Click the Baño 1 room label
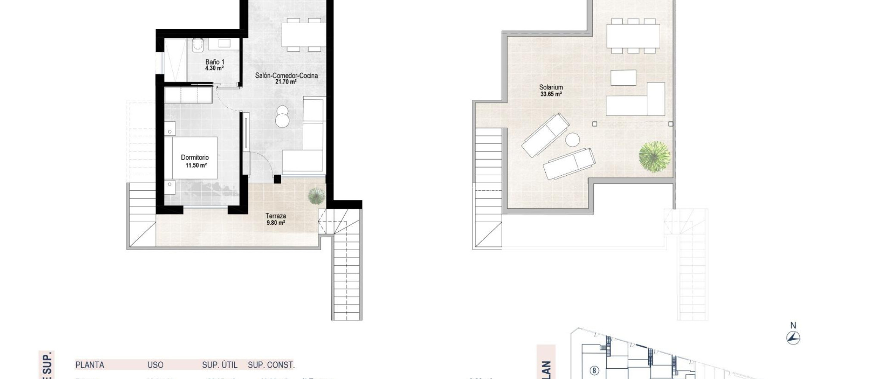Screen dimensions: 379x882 pyautogui.click(x=214, y=62)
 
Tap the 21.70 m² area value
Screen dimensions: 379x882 pyautogui.click(x=286, y=82)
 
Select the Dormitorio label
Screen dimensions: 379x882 pyautogui.click(x=195, y=158)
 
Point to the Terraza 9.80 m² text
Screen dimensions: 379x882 pyautogui.click(x=276, y=219)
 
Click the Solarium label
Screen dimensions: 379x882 pyautogui.click(x=551, y=87)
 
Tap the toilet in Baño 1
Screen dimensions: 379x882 pyautogui.click(x=198, y=45)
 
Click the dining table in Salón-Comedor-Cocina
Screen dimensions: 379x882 pyautogui.click(x=303, y=34)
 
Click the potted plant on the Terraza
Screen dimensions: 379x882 pyautogui.click(x=316, y=196)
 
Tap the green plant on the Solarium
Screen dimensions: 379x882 pyautogui.click(x=654, y=156)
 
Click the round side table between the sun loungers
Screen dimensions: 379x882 pyautogui.click(x=573, y=140)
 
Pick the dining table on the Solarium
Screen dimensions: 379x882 pyautogui.click(x=633, y=36)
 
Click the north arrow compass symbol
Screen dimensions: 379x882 pyautogui.click(x=793, y=338)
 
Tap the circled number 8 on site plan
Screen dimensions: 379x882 pyautogui.click(x=594, y=370)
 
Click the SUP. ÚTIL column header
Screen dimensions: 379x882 pyautogui.click(x=220, y=365)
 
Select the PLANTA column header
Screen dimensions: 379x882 pyautogui.click(x=90, y=365)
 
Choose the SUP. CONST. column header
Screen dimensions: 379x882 pyautogui.click(x=271, y=365)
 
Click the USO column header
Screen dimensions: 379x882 pyautogui.click(x=155, y=365)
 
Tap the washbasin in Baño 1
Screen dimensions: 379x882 pyautogui.click(x=224, y=43)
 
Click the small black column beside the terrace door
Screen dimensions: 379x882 pyautogui.click(x=277, y=179)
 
